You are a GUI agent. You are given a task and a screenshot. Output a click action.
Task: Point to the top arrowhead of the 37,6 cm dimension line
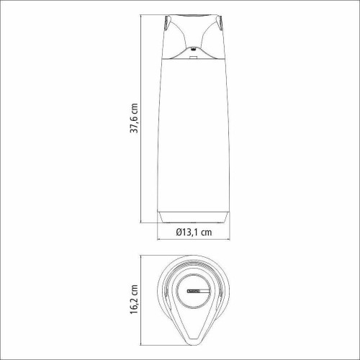[x=142, y=14]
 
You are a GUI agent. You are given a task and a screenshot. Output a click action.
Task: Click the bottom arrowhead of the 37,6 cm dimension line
[x=142, y=221]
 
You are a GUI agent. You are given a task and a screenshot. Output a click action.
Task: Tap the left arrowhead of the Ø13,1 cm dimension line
[x=159, y=241]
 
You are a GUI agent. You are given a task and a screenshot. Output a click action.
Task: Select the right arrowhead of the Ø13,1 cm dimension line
[x=228, y=241]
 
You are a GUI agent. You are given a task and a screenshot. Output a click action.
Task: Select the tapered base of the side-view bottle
[x=194, y=215]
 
